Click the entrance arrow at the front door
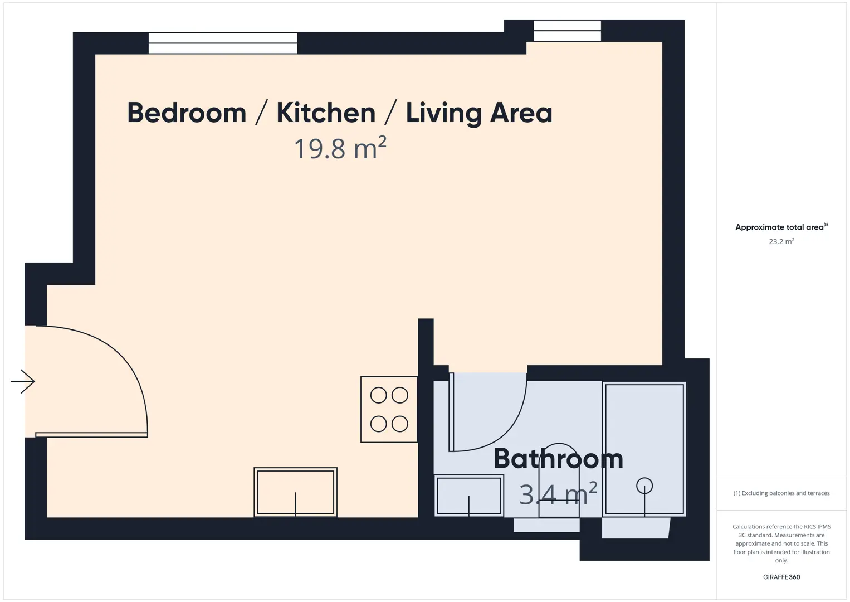pos(23,381)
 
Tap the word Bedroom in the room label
pos(187,113)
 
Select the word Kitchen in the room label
pos(326,113)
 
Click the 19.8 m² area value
pos(340,148)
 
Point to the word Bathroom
pos(558,458)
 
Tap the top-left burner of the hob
pos(378,395)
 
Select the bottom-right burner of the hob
pos(399,424)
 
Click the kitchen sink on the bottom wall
pos(296,492)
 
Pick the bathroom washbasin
pos(469,496)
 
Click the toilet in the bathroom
pos(559,480)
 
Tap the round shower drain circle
pos(644,486)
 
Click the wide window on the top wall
pos(223,43)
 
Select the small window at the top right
pos(567,31)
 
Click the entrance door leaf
pos(91,435)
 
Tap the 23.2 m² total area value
pos(781,241)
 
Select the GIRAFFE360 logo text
pos(781,577)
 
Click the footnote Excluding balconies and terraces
pos(781,493)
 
